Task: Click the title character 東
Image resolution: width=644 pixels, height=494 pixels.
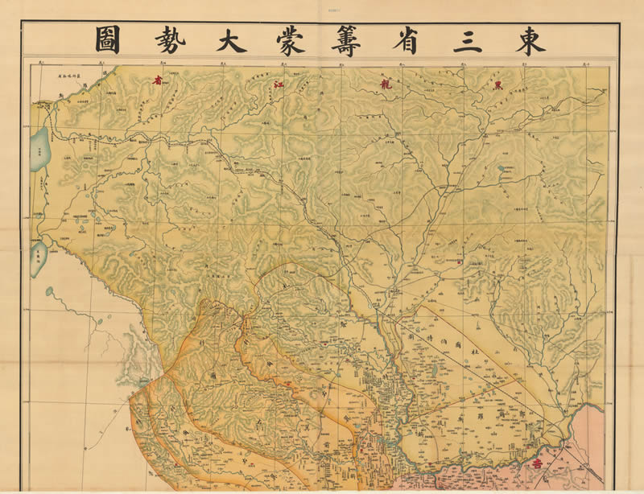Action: coord(530,40)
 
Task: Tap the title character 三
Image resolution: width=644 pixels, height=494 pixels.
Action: coord(468,40)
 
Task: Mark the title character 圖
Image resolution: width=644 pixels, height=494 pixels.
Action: coord(107,40)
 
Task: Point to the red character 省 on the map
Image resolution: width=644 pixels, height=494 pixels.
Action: coord(158,80)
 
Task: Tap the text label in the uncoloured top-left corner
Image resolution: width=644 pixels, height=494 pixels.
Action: coord(73,75)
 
